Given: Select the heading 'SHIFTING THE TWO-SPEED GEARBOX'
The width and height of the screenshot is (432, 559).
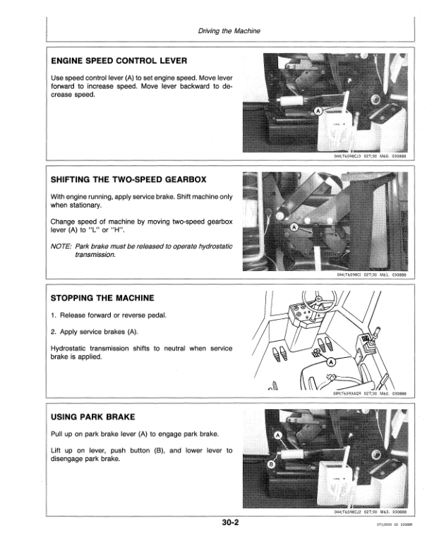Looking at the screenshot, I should [x=128, y=180].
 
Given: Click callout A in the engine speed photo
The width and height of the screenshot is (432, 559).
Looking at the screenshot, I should [x=318, y=112].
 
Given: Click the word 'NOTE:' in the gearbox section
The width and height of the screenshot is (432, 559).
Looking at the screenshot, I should [x=65, y=246].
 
